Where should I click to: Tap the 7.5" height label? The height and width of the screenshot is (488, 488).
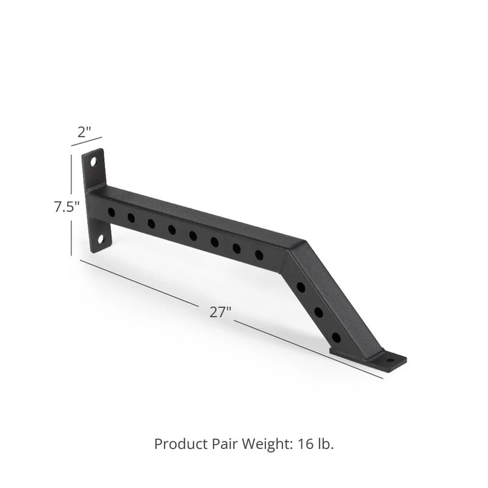point(66,207)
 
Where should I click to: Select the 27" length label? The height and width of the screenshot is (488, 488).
point(220,312)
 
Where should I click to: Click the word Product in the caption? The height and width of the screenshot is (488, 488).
point(177,443)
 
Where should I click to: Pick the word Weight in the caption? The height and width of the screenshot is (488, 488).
point(257,443)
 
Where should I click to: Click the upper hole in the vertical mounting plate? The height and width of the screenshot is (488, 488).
point(93,162)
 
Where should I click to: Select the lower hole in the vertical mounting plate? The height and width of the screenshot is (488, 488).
point(101,240)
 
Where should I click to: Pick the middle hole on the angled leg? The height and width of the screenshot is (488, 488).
point(318,312)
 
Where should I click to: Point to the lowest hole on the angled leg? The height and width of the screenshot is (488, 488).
point(336,337)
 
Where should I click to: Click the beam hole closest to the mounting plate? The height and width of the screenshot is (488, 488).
point(111,212)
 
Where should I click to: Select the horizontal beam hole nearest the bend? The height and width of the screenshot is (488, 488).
point(259,254)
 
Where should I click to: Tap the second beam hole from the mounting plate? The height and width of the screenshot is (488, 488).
point(131,217)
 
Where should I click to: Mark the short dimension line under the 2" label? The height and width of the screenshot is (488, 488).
point(86,142)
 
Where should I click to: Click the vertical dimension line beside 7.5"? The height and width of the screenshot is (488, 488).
point(71,205)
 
